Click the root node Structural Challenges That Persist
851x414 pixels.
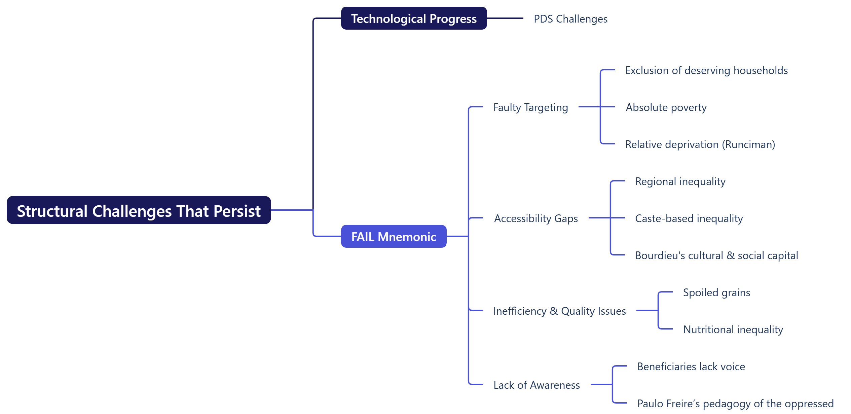139,210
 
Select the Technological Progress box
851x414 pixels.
414,19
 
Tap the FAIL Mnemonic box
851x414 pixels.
394,237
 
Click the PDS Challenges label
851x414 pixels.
570,19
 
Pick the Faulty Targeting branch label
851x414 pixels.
530,107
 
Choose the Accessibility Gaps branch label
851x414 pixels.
536,218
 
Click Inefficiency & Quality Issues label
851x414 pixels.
559,311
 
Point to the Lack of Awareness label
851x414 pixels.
536,385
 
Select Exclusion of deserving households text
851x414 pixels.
706,70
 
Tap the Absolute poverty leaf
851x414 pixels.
666,107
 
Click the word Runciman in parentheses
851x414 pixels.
750,144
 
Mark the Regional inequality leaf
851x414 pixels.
680,181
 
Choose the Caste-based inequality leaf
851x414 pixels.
689,218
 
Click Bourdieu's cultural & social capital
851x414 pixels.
716,255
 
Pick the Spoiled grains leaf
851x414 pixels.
716,292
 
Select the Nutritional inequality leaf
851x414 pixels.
733,330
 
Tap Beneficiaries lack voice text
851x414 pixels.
691,367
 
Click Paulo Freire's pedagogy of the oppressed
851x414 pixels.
735,404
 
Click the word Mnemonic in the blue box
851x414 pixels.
407,237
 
